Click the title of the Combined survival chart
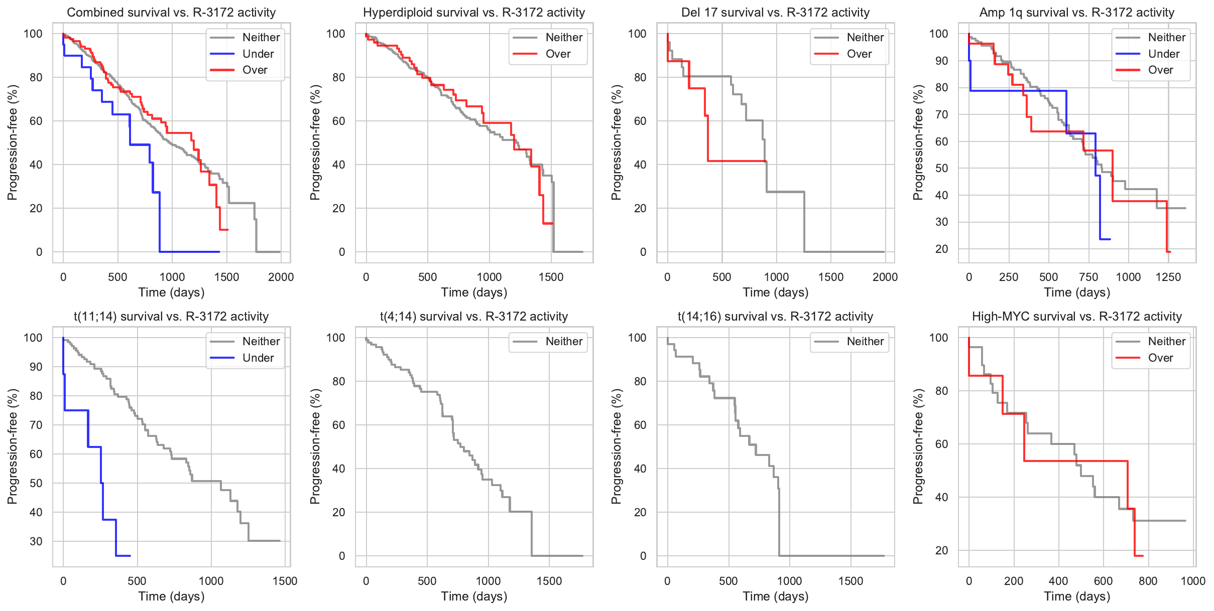171,13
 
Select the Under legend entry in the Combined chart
258,54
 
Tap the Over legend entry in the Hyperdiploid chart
558,54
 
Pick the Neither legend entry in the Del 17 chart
865,37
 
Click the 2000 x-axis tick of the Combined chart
281,277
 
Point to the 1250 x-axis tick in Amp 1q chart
1168,277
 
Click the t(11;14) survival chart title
171,317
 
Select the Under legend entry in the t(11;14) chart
258,358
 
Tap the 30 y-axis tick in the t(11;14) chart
36,541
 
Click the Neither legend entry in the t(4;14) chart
564,342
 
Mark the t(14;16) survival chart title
775,317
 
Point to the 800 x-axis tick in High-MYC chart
1148,581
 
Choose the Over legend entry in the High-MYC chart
1160,358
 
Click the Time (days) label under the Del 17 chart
775,292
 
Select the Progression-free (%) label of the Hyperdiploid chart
315,142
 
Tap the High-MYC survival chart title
1076,317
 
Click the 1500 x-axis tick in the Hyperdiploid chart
551,277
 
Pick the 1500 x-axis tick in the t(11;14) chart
285,581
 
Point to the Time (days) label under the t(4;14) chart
474,596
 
